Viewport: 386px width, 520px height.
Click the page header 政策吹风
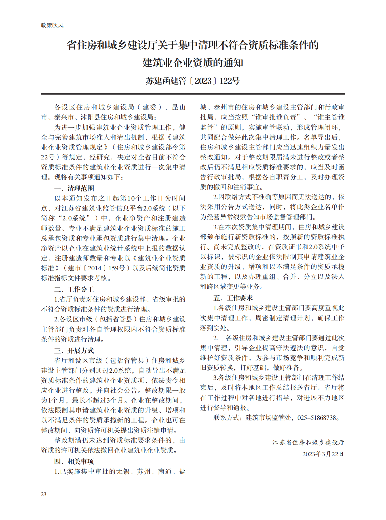click(x=52, y=25)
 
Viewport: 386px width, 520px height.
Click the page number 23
click(x=44, y=494)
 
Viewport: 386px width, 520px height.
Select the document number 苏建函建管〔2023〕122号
click(x=193, y=81)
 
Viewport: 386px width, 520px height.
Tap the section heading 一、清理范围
click(x=74, y=188)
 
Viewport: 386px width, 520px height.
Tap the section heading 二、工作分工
click(x=74, y=289)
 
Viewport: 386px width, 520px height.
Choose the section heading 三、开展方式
click(x=74, y=351)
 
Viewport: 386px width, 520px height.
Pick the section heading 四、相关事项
click(x=74, y=462)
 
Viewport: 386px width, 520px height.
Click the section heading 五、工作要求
click(x=233, y=298)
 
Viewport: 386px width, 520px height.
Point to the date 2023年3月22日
click(x=323, y=454)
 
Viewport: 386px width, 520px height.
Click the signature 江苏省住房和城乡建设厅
click(x=308, y=443)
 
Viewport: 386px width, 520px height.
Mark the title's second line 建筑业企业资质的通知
click(x=193, y=63)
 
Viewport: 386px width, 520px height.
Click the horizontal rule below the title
click(x=193, y=94)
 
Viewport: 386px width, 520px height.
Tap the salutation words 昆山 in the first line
click(x=179, y=107)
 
